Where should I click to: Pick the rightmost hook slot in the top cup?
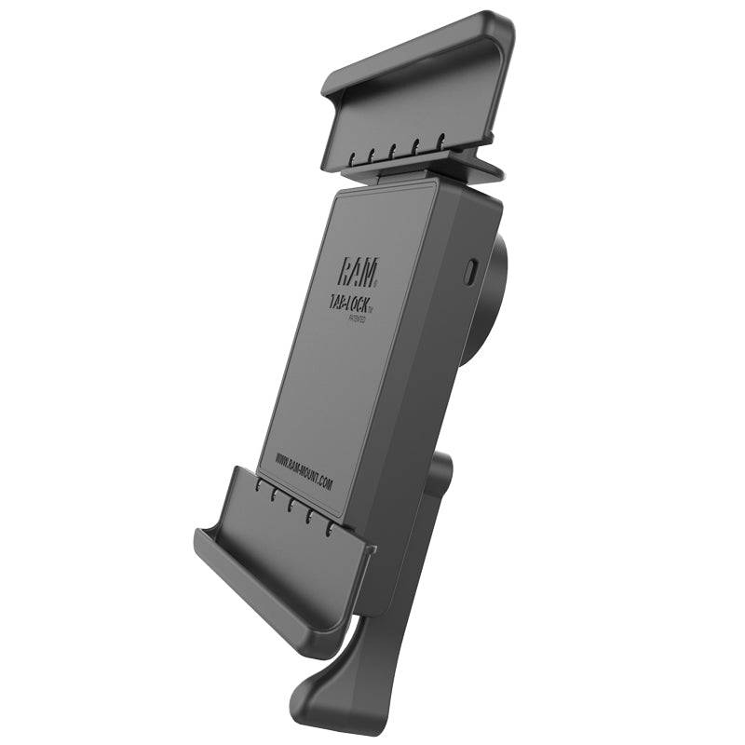(440, 142)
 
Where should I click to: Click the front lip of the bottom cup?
(270, 587)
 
